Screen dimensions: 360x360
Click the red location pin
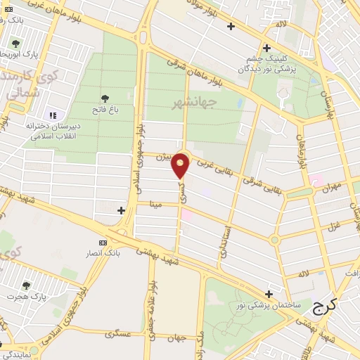(181, 166)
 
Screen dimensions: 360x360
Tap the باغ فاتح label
(105, 110)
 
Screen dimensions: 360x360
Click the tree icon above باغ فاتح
(105, 98)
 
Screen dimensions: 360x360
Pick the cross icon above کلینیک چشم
(267, 48)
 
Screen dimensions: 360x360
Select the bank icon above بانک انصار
(104, 242)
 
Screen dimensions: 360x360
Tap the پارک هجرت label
(26, 297)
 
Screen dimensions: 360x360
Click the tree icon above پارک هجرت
(26, 285)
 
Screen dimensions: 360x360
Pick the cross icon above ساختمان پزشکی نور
(269, 293)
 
